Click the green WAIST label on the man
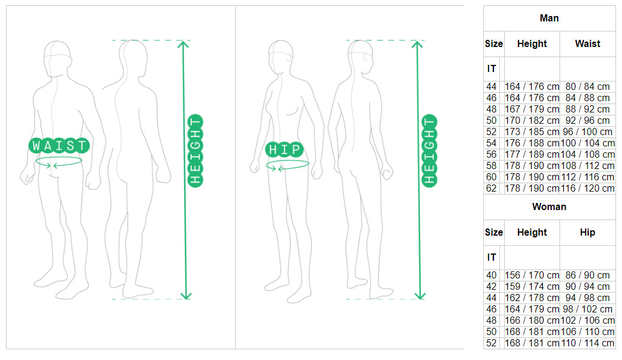point(60,146)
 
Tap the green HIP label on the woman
point(285,149)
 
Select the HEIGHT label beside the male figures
point(195,151)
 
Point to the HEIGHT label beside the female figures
point(429,151)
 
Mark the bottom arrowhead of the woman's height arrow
point(420,296)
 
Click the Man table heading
point(549,18)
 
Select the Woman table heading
point(549,207)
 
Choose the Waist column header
point(587,44)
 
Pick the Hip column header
point(587,233)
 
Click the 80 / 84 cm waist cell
point(587,87)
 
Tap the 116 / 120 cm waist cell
point(587,189)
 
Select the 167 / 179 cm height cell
point(532,109)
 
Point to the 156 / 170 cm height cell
point(532,276)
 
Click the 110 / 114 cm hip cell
point(587,343)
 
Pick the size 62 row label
point(491,189)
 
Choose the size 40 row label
point(491,276)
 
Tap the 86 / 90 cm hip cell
point(587,276)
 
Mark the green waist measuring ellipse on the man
point(59,161)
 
